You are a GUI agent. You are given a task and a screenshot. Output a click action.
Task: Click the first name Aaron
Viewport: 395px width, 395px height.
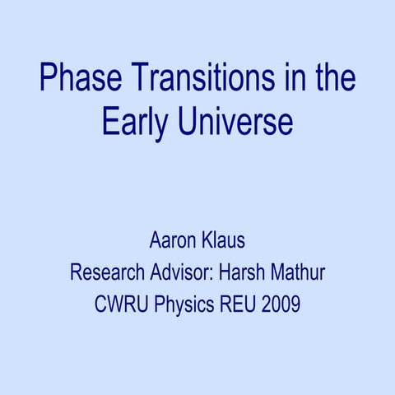pyautogui.click(x=172, y=242)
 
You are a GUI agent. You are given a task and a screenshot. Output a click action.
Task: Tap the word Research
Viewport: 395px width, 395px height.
pyautogui.click(x=105, y=272)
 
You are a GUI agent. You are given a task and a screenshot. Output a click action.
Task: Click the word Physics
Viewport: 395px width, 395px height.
pyautogui.click(x=181, y=304)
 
